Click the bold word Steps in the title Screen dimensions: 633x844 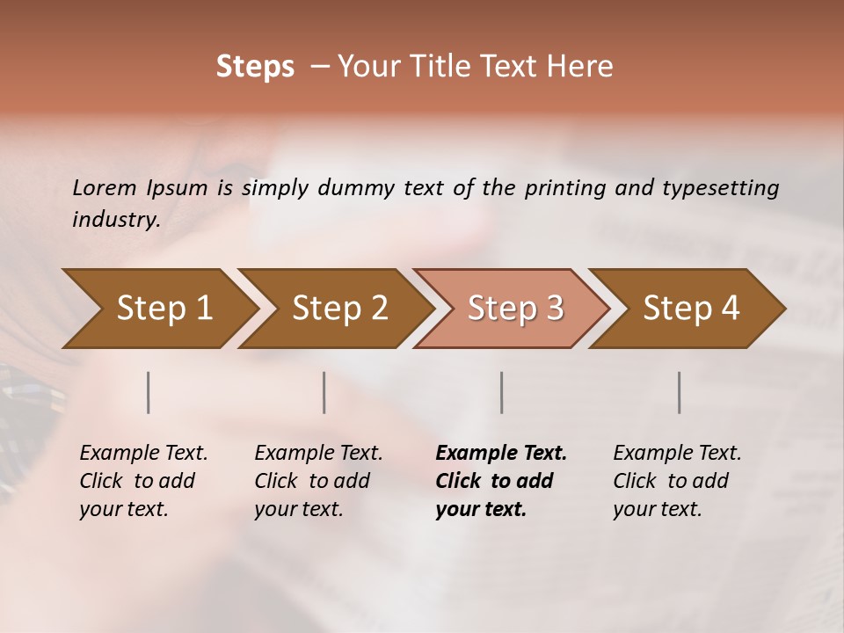[255, 67]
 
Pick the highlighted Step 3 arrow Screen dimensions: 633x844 [515, 309]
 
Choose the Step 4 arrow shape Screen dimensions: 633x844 [691, 309]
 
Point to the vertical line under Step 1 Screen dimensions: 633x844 [149, 392]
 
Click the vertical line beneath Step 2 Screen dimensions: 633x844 [324, 392]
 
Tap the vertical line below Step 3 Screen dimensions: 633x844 [501, 392]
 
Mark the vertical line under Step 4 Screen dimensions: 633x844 [679, 392]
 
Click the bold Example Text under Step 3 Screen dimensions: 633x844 [501, 454]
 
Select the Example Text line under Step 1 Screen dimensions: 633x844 [143, 454]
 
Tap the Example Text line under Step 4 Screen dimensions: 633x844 [677, 454]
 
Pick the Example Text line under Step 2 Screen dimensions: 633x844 [318, 454]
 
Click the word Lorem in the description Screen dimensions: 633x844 [104, 188]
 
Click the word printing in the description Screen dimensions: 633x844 [564, 188]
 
